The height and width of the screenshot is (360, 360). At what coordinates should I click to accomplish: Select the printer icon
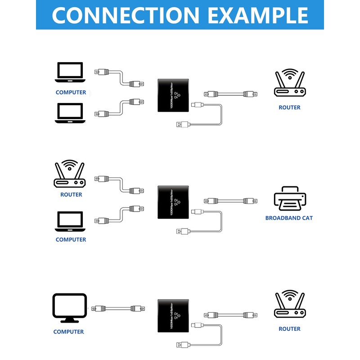290,199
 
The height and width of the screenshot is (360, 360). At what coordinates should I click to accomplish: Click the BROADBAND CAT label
289,218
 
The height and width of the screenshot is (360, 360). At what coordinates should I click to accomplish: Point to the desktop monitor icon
69,308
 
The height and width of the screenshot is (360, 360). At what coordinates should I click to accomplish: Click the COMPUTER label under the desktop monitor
68,332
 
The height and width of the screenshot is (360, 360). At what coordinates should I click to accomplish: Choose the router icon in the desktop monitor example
289,306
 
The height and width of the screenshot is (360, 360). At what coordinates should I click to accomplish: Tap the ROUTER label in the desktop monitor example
289,329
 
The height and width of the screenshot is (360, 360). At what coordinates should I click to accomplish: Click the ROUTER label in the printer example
71,195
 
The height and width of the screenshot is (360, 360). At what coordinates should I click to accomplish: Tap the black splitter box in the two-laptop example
173,95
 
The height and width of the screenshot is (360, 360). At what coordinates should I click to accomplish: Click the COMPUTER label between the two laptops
71,92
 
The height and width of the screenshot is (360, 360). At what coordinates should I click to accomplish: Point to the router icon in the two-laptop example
289,83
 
